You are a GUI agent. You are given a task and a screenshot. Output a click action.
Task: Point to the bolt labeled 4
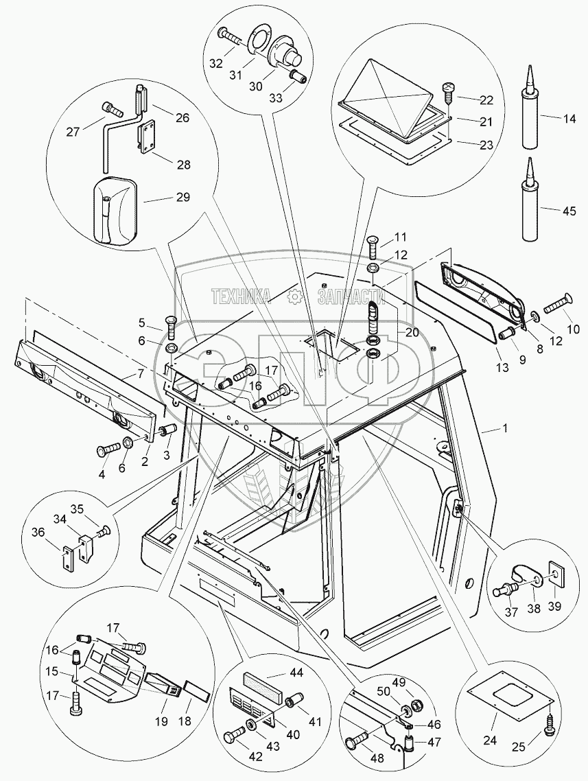(108, 452)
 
